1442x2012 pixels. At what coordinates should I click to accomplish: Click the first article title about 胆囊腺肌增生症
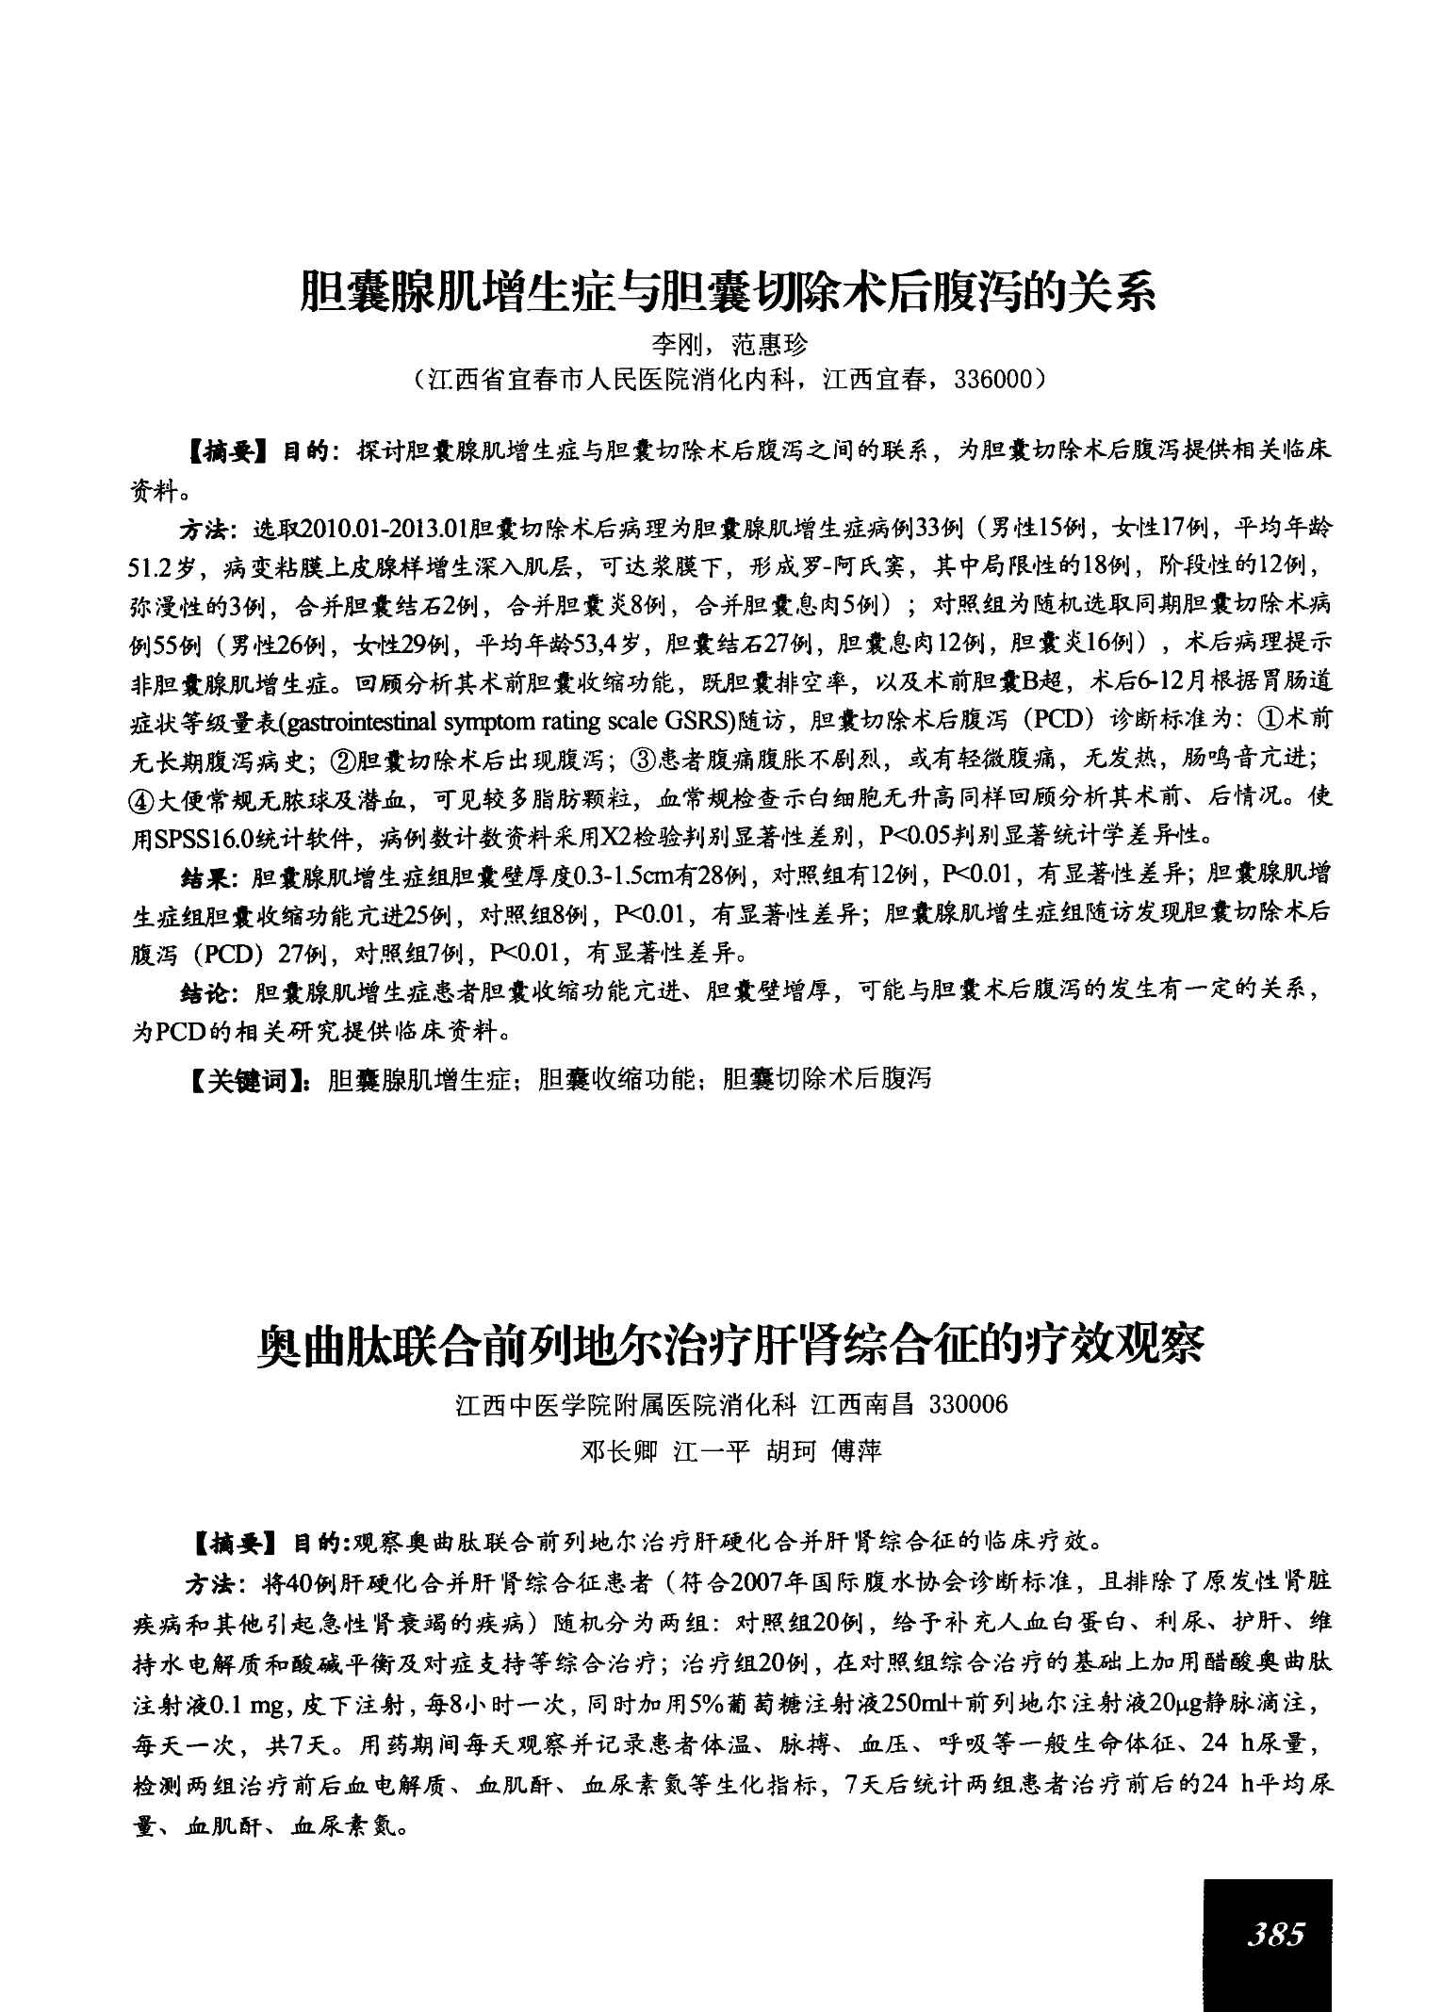[x=726, y=291]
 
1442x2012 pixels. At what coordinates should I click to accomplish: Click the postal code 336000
[x=991, y=379]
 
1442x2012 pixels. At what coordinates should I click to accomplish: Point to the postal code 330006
[x=968, y=1405]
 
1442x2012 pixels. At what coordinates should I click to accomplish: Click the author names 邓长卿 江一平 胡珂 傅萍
[x=730, y=1451]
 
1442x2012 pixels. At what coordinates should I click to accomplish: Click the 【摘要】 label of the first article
[x=225, y=452]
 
